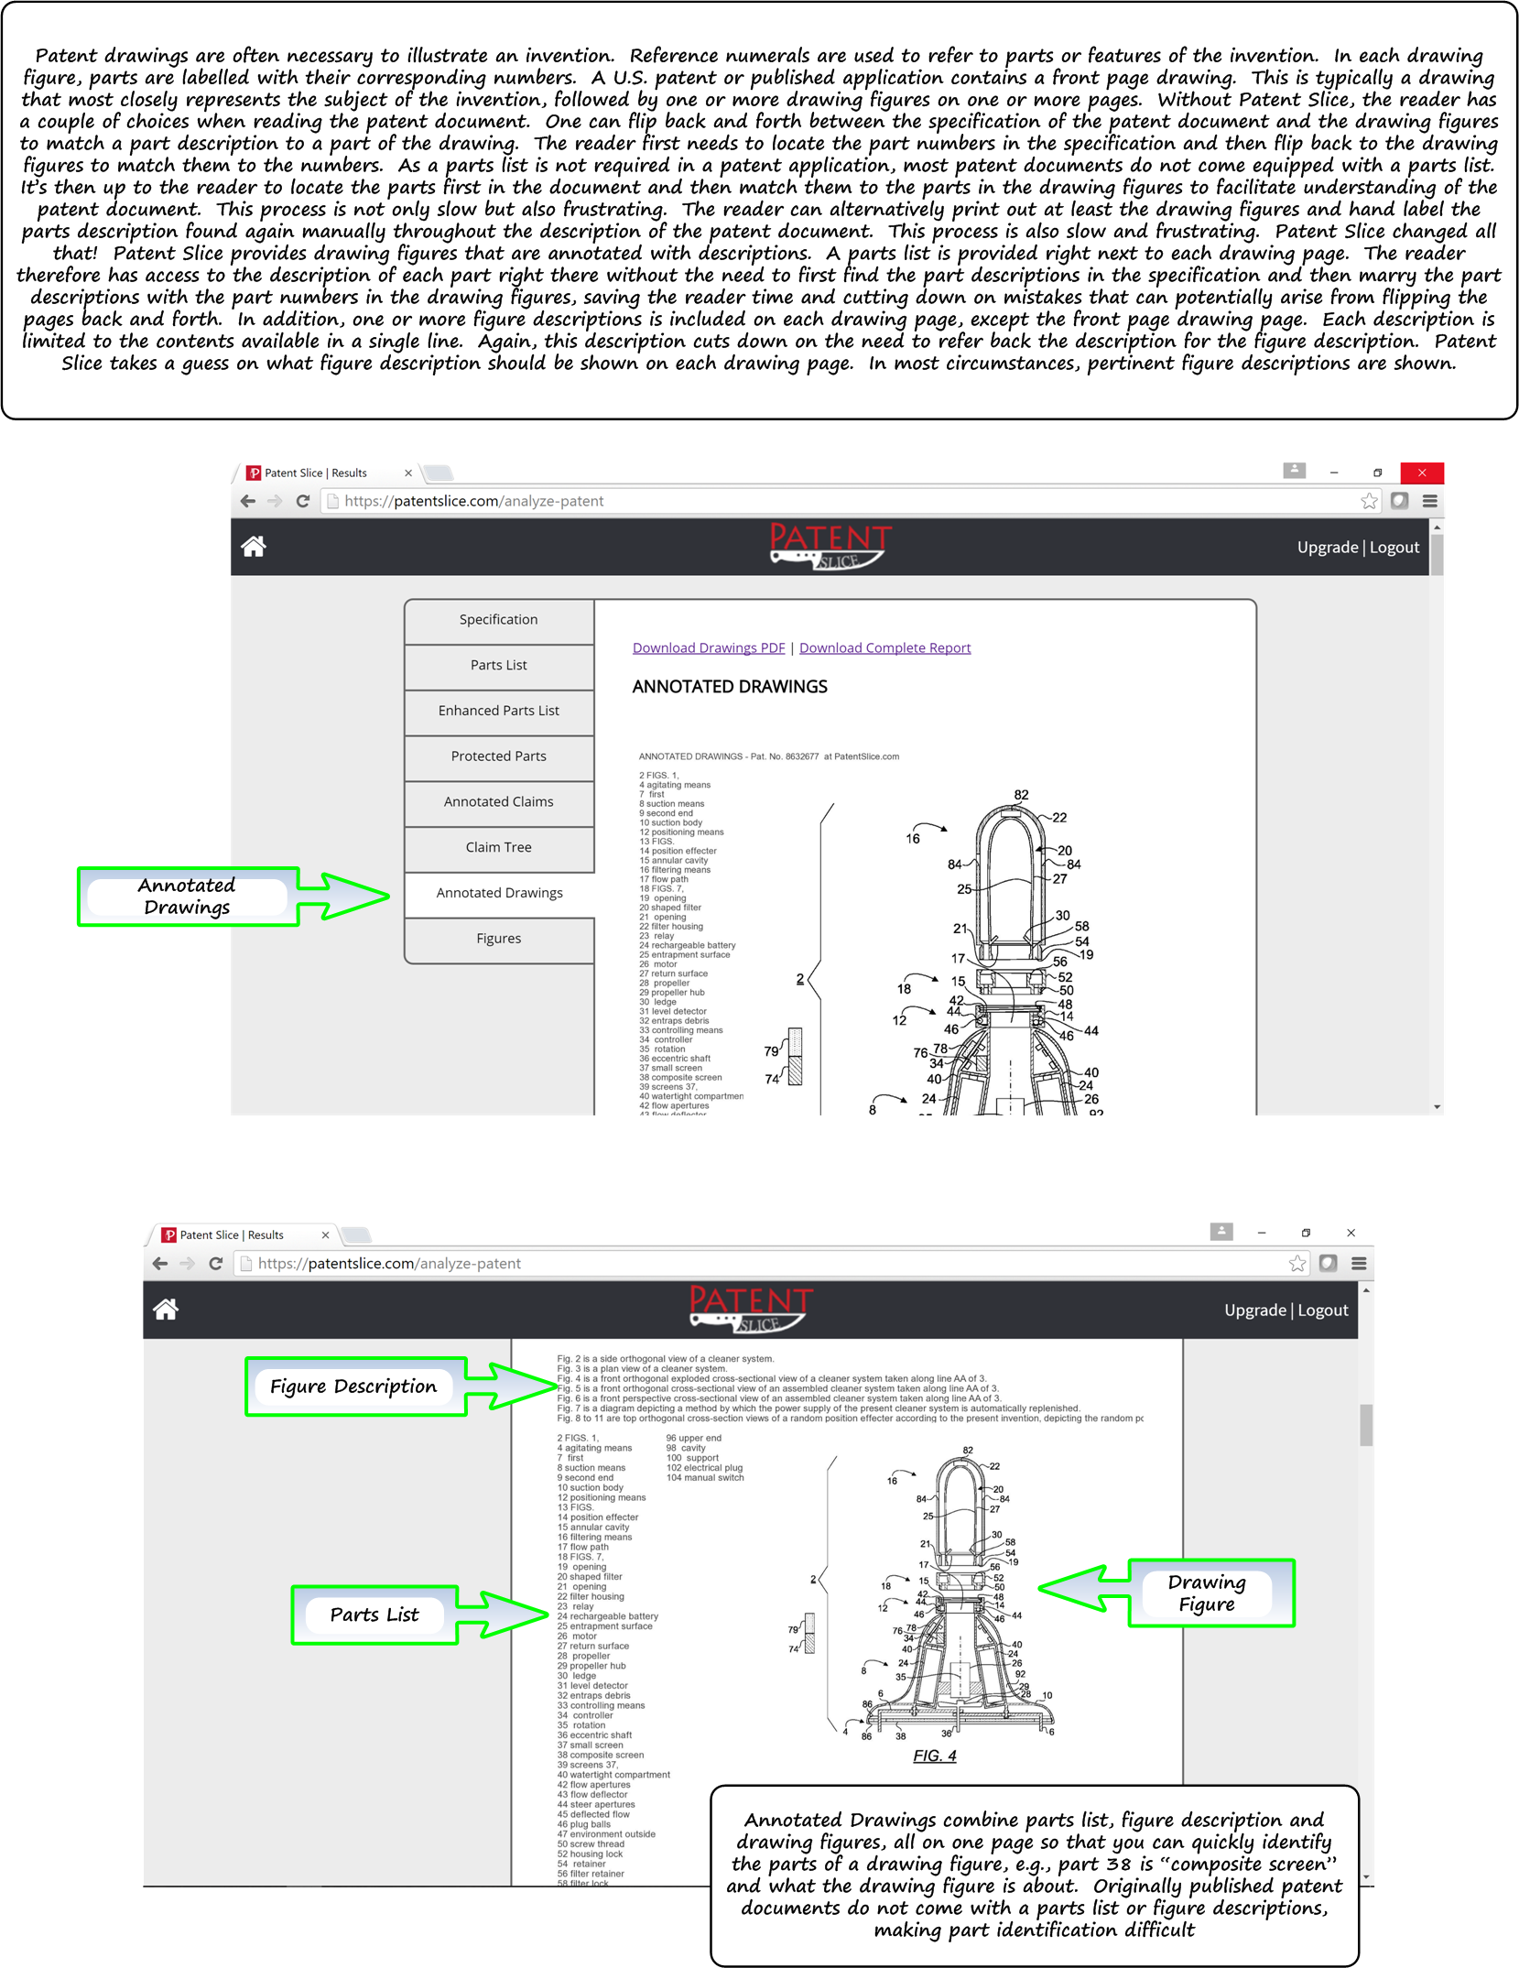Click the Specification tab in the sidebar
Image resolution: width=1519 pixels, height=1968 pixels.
pos(498,620)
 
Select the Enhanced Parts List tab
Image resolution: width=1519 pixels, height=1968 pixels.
pos(498,711)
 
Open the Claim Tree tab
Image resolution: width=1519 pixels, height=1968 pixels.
pos(498,848)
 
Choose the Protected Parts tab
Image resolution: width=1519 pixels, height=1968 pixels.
pos(498,756)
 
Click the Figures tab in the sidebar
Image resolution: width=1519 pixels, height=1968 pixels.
pos(498,939)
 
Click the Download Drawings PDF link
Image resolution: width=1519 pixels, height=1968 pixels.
pos(708,648)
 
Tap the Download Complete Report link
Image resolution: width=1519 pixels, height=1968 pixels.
pos(884,648)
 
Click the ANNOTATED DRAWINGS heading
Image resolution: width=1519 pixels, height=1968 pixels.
pos(729,687)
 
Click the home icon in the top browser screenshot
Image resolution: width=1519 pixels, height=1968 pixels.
pos(254,547)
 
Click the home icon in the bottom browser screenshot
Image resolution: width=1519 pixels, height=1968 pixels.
pos(166,1310)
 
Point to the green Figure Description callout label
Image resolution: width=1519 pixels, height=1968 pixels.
pos(353,1386)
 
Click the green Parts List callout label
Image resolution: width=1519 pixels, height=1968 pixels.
pos(374,1615)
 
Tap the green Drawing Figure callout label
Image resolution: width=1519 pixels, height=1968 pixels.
pos(1207,1593)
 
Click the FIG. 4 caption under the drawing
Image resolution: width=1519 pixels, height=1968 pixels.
pos(934,1756)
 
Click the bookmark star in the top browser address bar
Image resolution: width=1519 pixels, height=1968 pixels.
pos(1369,501)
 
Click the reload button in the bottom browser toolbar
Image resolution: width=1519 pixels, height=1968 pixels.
pos(216,1264)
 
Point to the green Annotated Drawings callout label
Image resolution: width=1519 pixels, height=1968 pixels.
pos(187,897)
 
